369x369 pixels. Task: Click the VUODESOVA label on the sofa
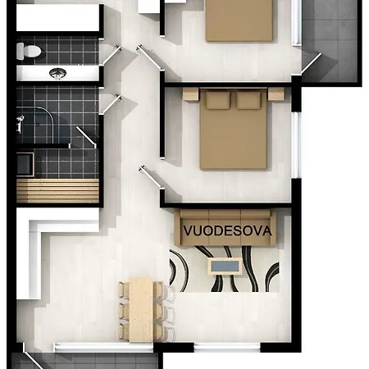227,231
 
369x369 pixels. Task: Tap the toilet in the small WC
29,51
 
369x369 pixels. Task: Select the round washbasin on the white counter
57,73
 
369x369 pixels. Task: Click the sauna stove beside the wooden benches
25,165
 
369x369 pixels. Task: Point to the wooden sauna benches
57,191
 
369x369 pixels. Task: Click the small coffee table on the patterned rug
225,266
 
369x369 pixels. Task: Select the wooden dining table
141,310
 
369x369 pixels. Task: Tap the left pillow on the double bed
218,100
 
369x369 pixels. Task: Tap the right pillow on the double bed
248,100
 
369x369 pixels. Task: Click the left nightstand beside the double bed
190,94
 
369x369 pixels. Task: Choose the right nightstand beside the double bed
276,94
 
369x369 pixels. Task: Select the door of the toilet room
111,55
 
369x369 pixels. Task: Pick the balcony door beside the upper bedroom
311,63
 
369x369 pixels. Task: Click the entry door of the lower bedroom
151,176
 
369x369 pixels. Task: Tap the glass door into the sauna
86,137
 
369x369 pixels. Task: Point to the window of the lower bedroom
296,145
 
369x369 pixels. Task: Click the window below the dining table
103,347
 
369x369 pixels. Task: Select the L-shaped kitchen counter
49,246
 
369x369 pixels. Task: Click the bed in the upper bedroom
239,20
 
